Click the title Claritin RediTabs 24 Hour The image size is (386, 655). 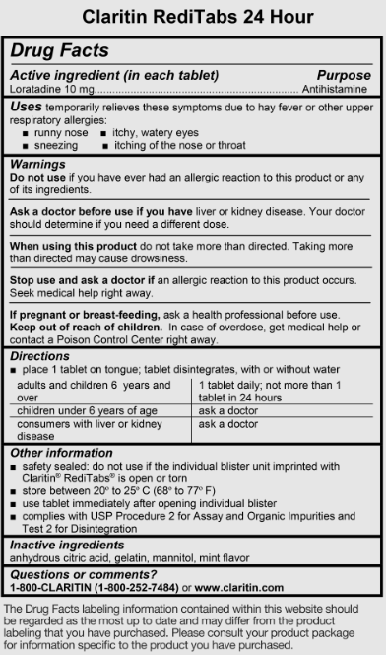(x=192, y=17)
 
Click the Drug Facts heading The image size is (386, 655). (x=60, y=50)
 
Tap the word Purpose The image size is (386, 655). (x=344, y=75)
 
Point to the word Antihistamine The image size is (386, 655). (x=332, y=88)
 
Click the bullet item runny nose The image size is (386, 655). (x=60, y=132)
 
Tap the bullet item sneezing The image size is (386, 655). (x=57, y=145)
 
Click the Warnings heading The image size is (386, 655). (x=37, y=164)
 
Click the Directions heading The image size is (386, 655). (x=42, y=355)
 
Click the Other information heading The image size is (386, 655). (x=61, y=452)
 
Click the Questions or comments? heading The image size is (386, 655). (x=83, y=574)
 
